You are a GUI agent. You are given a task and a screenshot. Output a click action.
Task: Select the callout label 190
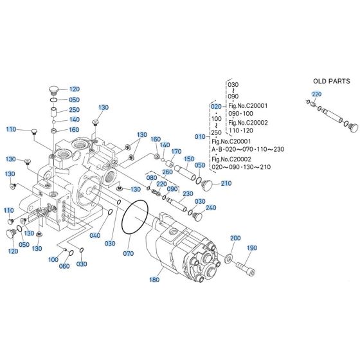click(251, 248)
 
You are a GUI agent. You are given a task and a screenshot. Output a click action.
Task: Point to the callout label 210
click(226, 184)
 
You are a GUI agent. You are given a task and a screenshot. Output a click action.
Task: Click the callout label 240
click(210, 208)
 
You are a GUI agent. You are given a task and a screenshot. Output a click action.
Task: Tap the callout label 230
click(188, 194)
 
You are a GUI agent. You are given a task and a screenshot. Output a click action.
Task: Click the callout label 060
click(64, 266)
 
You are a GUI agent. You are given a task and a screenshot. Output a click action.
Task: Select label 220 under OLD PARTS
click(316, 94)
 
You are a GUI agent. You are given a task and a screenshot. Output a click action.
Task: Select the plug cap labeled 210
click(208, 185)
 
